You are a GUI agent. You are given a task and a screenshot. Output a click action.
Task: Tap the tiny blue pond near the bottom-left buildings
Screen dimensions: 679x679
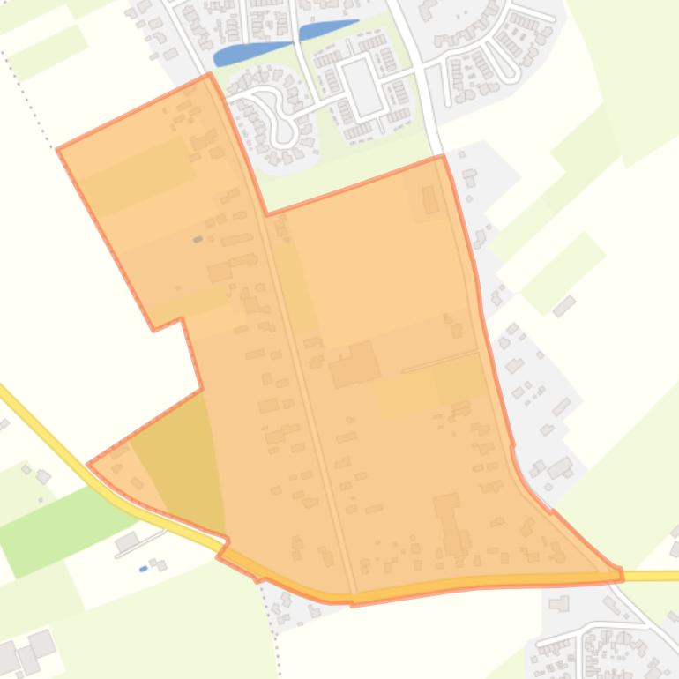point(144,569)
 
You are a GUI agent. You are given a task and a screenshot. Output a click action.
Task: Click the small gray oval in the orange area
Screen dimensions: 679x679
point(198,239)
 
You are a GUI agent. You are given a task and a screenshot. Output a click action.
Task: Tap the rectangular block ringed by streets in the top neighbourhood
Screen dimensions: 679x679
point(362,86)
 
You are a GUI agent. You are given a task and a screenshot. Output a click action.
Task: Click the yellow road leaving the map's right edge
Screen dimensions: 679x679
point(653,576)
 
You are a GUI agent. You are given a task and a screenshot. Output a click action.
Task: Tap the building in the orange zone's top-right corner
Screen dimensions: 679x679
point(430,199)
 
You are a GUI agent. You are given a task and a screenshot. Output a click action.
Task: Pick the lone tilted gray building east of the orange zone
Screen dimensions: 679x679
point(564,306)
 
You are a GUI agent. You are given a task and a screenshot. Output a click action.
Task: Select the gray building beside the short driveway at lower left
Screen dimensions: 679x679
point(128,541)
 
